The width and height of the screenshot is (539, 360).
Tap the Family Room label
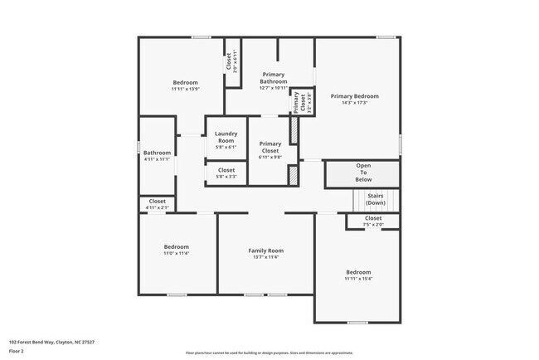tap(266, 250)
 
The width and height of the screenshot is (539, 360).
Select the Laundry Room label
tap(226, 137)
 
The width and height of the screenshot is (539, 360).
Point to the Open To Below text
tap(363, 172)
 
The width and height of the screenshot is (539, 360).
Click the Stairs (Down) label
tap(376, 199)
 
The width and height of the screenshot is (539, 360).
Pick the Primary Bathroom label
tap(273, 77)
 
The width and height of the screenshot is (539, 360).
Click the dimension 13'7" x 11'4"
tap(266, 257)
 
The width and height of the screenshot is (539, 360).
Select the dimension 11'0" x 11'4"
tap(176, 254)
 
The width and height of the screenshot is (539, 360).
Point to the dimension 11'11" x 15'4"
tap(358, 279)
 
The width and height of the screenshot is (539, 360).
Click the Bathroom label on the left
tap(157, 153)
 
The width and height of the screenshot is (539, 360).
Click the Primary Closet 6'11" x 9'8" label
tap(270, 149)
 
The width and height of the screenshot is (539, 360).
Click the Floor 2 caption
tap(17, 352)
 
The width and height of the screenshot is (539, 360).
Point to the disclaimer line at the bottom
tap(269, 353)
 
